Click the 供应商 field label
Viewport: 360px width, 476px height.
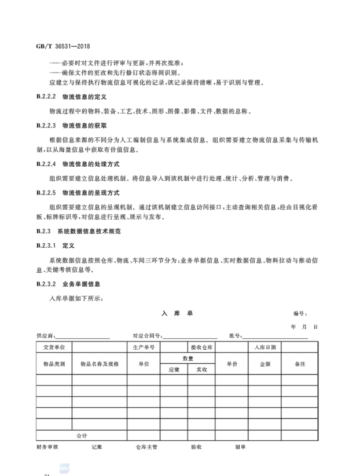tap(45, 336)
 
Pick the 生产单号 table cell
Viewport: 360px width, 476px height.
tap(144, 347)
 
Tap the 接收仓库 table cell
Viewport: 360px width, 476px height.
tap(202, 347)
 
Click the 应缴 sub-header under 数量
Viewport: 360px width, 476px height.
tap(174, 369)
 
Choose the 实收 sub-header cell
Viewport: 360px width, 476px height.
tap(201, 369)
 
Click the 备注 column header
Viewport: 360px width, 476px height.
tap(299, 364)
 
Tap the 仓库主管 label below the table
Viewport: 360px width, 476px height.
tap(146, 447)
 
